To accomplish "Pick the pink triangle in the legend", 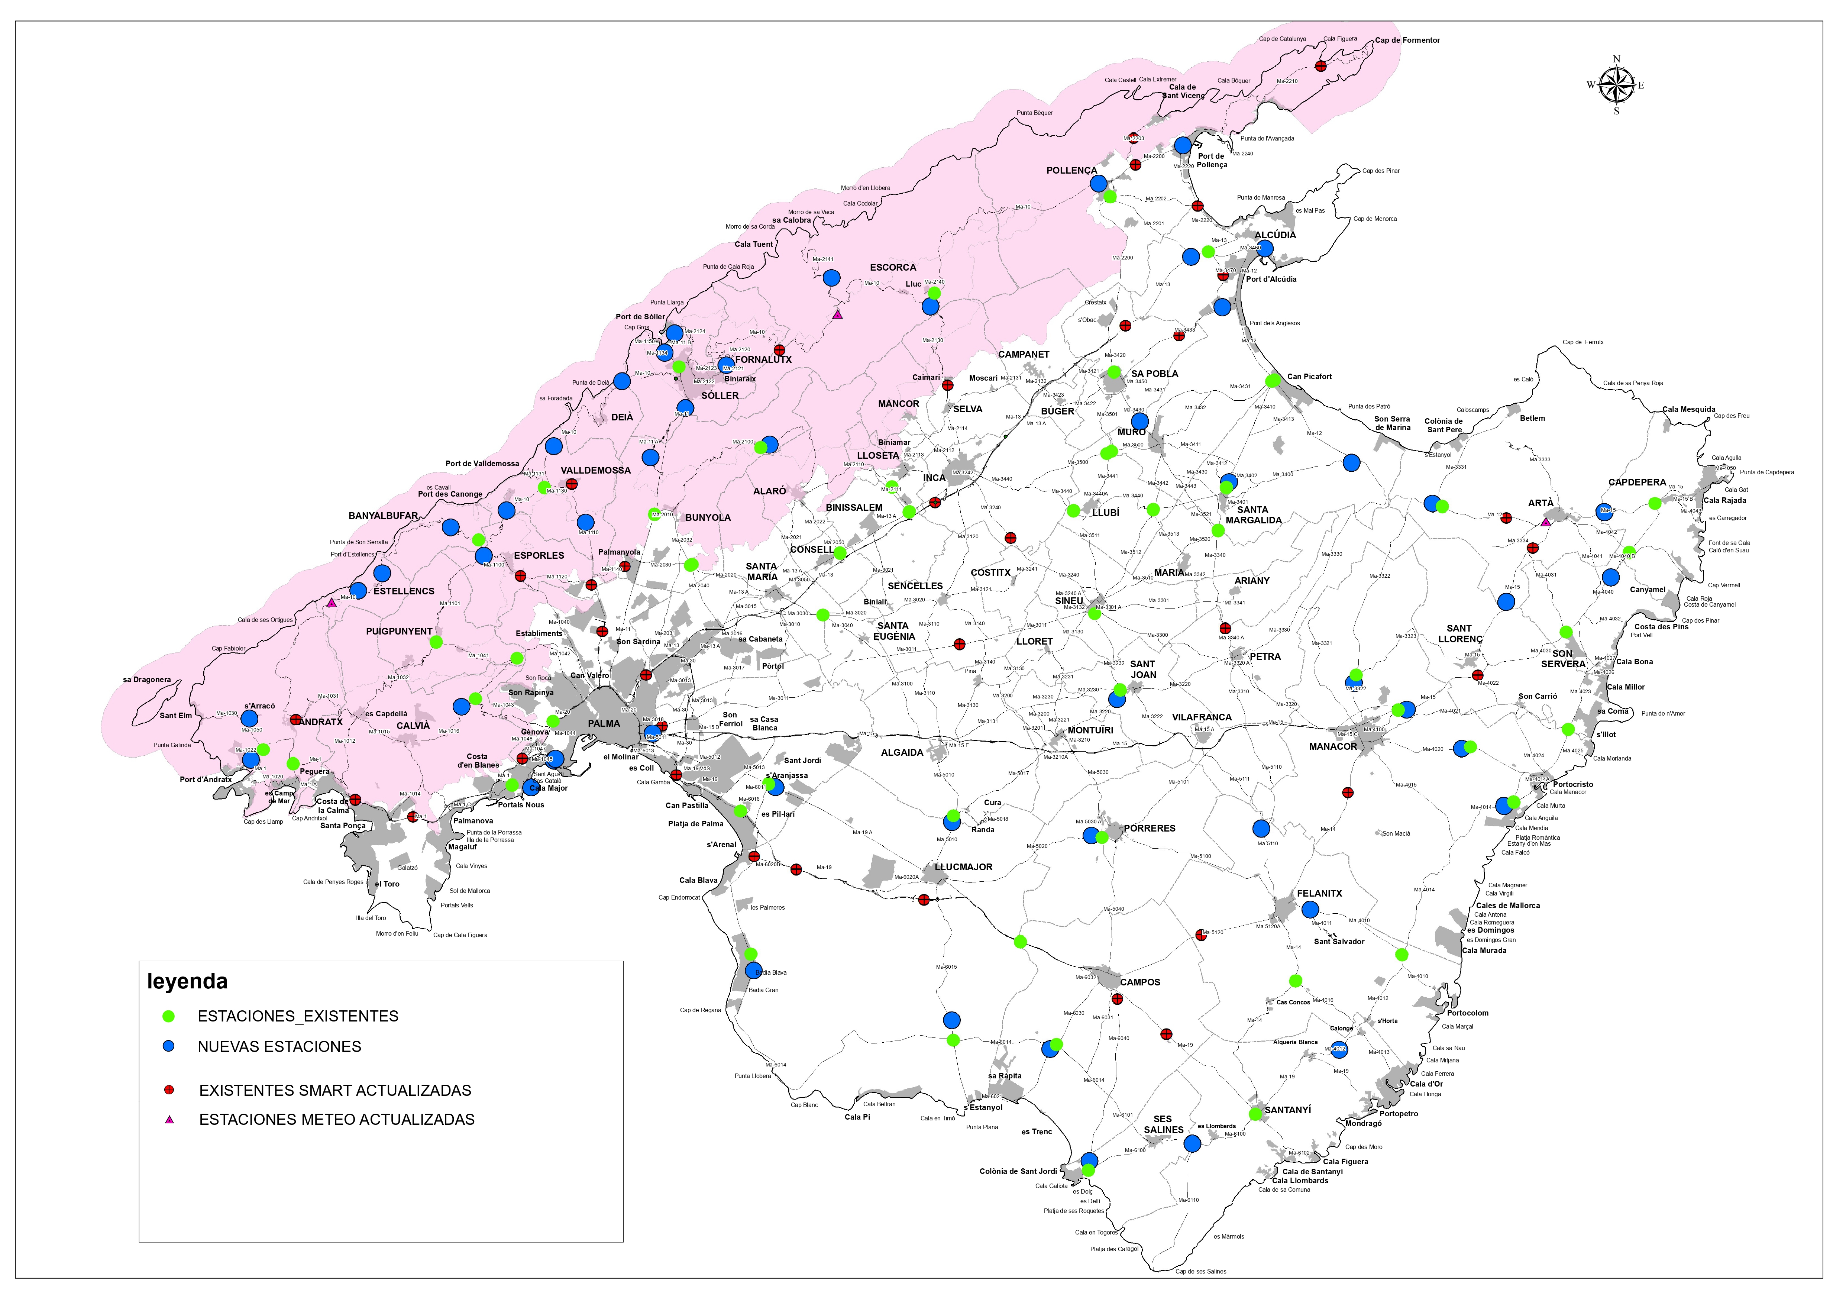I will (169, 1119).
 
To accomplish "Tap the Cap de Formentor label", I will (1407, 40).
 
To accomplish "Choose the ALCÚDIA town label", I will (1275, 235).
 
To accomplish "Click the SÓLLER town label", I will (720, 396).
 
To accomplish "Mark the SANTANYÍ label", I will (1287, 1110).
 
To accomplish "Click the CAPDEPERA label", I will (1637, 482).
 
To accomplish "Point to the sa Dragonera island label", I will (147, 680).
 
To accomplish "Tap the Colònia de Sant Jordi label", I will (1018, 1171).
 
